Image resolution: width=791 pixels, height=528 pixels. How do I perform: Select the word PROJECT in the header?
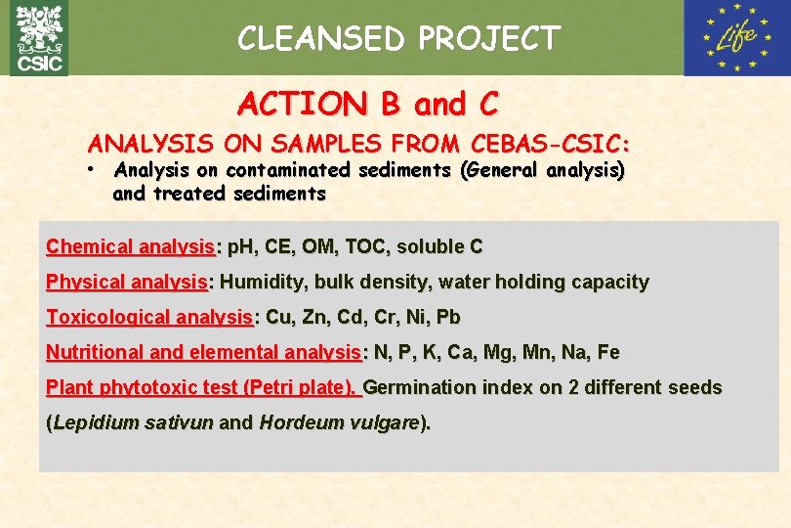(x=489, y=39)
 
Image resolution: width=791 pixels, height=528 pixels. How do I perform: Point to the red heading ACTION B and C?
(x=368, y=103)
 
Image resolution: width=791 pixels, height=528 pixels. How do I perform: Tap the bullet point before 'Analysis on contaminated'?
(x=89, y=170)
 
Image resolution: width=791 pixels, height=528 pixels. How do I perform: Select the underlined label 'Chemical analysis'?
(x=131, y=246)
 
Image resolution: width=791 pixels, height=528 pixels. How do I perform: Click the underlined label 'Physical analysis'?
(x=127, y=282)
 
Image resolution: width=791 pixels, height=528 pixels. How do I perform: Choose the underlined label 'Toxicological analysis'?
(x=149, y=317)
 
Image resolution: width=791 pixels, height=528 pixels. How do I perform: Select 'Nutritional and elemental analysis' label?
(x=203, y=352)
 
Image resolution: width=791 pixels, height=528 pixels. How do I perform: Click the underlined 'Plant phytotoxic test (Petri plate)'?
(x=202, y=387)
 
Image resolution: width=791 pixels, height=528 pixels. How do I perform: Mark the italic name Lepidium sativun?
(x=133, y=423)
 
